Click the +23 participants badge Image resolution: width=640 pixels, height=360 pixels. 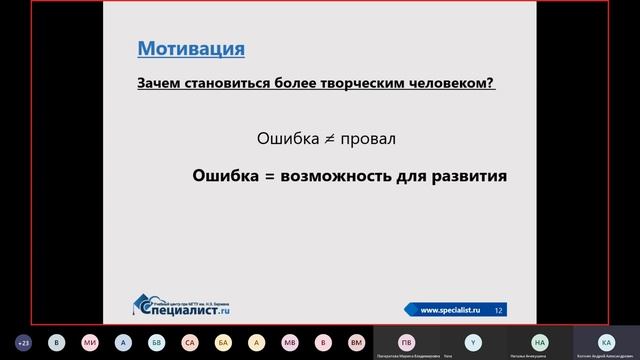(24, 341)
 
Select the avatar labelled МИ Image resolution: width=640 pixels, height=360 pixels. (90, 341)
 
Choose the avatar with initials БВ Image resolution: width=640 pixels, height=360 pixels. (156, 341)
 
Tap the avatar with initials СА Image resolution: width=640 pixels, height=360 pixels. (190, 341)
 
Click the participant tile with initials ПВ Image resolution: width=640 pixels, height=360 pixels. (406, 341)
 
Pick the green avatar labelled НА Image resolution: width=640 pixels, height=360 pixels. (540, 341)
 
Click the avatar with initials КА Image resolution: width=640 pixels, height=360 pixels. (606, 341)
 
